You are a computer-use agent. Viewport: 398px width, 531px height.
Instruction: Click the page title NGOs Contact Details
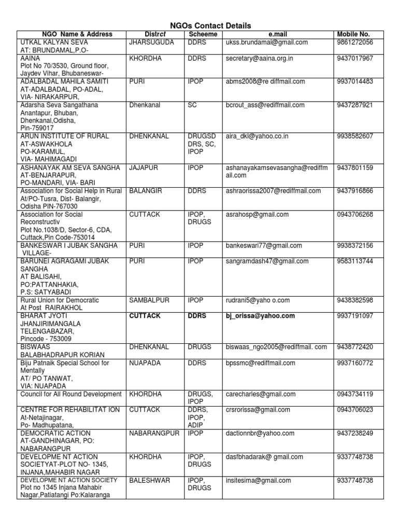tap(210, 25)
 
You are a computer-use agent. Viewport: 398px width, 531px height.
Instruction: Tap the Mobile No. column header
tap(354, 34)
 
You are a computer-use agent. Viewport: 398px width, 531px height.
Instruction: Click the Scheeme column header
tap(203, 34)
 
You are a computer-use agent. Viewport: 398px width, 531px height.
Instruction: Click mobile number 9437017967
tap(354, 58)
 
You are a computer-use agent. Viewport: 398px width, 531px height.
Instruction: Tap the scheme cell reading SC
tap(192, 105)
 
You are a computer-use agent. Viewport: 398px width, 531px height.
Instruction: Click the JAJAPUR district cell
tap(144, 167)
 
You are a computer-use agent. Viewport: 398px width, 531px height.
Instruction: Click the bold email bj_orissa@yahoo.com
tap(260, 315)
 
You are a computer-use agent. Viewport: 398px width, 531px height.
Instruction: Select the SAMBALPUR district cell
tap(149, 300)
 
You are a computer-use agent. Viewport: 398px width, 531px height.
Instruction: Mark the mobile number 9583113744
tap(354, 261)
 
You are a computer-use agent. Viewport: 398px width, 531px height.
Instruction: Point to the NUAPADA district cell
tap(145, 362)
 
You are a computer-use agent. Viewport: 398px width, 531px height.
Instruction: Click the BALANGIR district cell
tap(146, 191)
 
